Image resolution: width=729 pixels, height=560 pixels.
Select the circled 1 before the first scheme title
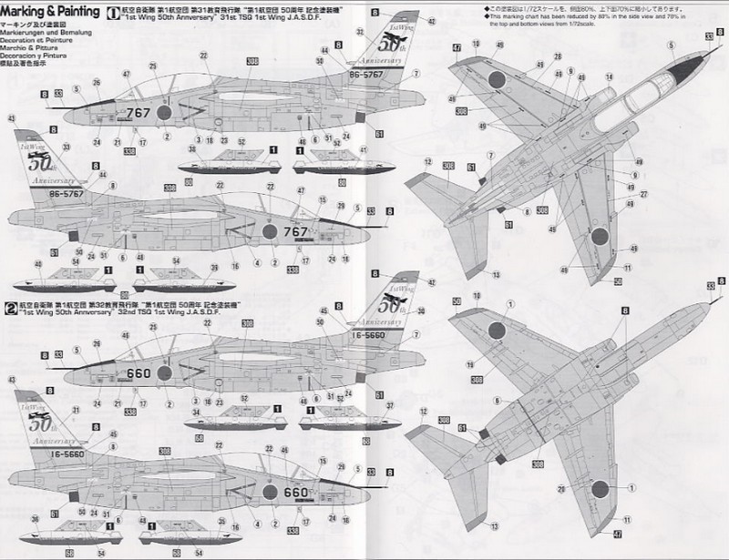tap(112, 14)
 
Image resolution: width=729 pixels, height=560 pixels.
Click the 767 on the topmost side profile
tap(139, 114)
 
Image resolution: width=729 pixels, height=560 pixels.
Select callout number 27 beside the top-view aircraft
tap(642, 194)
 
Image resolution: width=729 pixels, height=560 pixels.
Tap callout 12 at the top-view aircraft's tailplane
tap(427, 161)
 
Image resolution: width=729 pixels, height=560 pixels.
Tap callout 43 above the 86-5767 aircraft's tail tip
tap(12, 119)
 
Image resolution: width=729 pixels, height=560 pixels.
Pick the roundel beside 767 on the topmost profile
tap(167, 113)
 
